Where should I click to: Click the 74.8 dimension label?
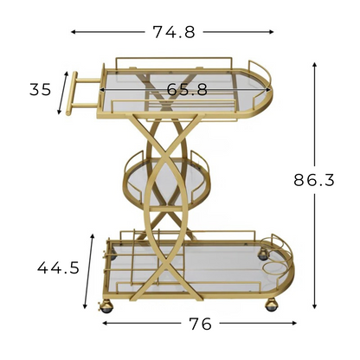coord(174,32)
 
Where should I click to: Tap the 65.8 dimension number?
coord(187,89)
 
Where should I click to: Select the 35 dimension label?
coord(41,89)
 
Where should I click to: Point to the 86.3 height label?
coord(314,180)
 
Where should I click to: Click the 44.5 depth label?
coord(58,267)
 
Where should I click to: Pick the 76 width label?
coord(200,324)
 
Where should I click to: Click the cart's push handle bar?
coord(71,93)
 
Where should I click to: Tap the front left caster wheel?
coord(106,306)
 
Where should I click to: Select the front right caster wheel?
coord(272,305)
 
